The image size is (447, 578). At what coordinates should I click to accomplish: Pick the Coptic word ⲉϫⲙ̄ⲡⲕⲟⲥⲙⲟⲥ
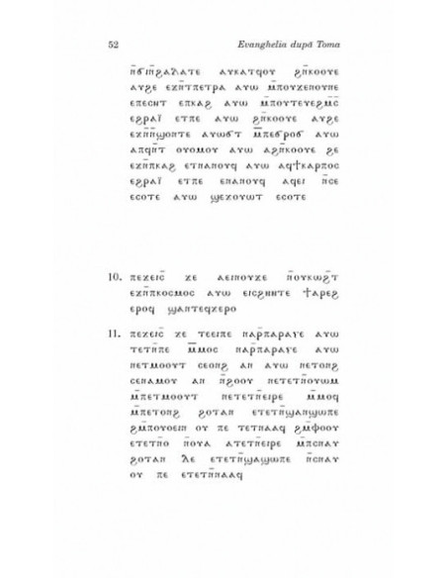176,281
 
